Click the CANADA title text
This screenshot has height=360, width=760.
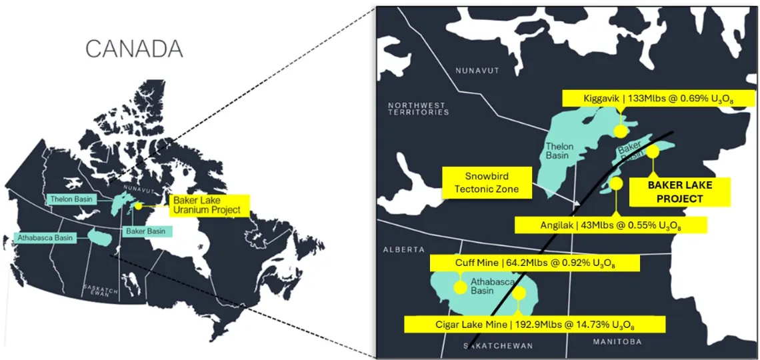pyautogui.click(x=134, y=49)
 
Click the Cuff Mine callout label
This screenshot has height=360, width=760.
pyautogui.click(x=535, y=263)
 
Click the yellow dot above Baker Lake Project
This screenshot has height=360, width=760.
pyautogui.click(x=653, y=152)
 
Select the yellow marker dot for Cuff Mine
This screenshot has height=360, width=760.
pyautogui.click(x=459, y=288)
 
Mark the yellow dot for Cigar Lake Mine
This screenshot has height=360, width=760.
pyautogui.click(x=519, y=293)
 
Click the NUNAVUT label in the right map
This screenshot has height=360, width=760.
pyautogui.click(x=477, y=70)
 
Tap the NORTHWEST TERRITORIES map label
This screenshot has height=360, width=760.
pyautogui.click(x=419, y=109)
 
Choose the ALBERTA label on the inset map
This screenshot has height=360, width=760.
pyautogui.click(x=403, y=249)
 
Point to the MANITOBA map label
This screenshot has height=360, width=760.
pyautogui.click(x=617, y=341)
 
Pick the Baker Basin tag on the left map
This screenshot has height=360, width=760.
pyautogui.click(x=147, y=231)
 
